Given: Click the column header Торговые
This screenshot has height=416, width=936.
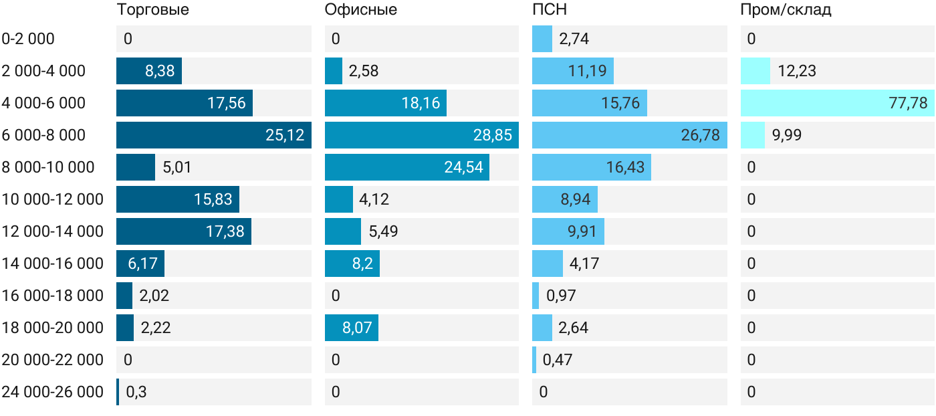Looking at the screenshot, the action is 152,9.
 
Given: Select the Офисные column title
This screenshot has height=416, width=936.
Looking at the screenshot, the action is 360,9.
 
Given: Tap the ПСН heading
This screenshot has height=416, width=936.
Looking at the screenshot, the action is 550,9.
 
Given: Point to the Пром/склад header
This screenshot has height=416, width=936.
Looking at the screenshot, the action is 786,9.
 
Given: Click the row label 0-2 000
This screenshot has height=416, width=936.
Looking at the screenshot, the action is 28,39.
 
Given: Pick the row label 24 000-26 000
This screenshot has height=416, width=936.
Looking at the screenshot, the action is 52,392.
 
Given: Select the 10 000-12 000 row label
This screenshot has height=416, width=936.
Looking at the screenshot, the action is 52,199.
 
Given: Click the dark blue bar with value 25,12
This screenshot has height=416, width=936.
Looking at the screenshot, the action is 214,135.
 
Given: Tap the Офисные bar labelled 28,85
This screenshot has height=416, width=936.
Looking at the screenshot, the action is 422,135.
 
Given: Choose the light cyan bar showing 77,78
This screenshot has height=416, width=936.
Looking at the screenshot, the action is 837,103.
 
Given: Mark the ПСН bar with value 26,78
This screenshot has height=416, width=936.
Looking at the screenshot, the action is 630,135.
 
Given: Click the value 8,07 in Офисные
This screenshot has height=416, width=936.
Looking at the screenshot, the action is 357,328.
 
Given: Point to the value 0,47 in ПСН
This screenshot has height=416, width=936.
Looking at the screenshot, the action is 557,360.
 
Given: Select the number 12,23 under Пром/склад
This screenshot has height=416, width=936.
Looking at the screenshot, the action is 796,71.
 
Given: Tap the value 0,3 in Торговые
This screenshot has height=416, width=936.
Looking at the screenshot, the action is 136,392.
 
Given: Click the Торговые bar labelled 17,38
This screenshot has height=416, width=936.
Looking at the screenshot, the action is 184,231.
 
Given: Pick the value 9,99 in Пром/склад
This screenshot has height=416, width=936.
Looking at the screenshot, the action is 786,135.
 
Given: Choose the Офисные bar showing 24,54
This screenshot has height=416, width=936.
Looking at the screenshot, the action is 407,167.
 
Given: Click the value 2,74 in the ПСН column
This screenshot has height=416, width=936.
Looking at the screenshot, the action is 574,39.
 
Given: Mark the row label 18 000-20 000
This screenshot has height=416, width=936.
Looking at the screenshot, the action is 52,328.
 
